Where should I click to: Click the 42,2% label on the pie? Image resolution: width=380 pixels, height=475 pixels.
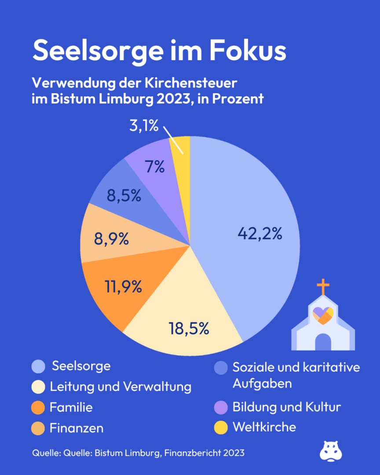point(259,234)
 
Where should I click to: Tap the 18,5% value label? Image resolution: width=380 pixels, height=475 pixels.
point(189,329)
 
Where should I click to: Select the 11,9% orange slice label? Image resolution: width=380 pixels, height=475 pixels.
point(123,286)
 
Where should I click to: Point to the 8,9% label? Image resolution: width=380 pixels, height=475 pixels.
point(112,239)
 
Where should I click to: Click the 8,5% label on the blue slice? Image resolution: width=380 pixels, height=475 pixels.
point(124,195)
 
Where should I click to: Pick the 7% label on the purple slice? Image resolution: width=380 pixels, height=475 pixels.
point(155,167)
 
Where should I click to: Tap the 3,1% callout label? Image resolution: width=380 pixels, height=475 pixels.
point(144,125)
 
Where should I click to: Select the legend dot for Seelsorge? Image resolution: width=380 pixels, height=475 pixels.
point(38,366)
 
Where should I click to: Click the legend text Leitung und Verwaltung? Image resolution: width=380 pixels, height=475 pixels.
point(121,387)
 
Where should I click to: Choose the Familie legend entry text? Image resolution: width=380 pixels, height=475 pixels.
point(71,407)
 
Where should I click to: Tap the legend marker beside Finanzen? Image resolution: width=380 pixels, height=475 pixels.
point(38,428)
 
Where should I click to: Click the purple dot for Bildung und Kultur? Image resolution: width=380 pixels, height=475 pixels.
point(221,407)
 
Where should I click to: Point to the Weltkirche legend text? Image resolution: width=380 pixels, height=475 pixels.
point(264,427)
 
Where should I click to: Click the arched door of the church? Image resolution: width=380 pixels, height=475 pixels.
point(323,342)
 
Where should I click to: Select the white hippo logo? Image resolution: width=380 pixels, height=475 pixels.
point(331,451)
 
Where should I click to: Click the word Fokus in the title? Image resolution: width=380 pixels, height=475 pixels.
point(248,50)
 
